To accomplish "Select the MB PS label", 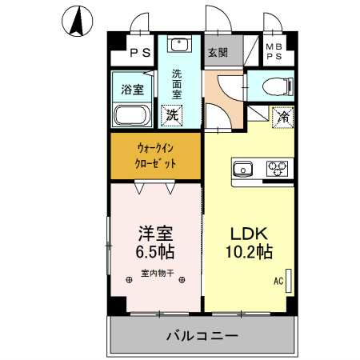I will coord(274,52).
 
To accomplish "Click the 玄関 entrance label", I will coord(218,53).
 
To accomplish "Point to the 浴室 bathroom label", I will coord(132,88).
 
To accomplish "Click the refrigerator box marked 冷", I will coord(282,116).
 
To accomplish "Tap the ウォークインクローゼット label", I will coord(155,156).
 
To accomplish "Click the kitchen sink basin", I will coord(242,168).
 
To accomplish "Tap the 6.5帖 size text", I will coord(156,251).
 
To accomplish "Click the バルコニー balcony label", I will coord(201,334).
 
